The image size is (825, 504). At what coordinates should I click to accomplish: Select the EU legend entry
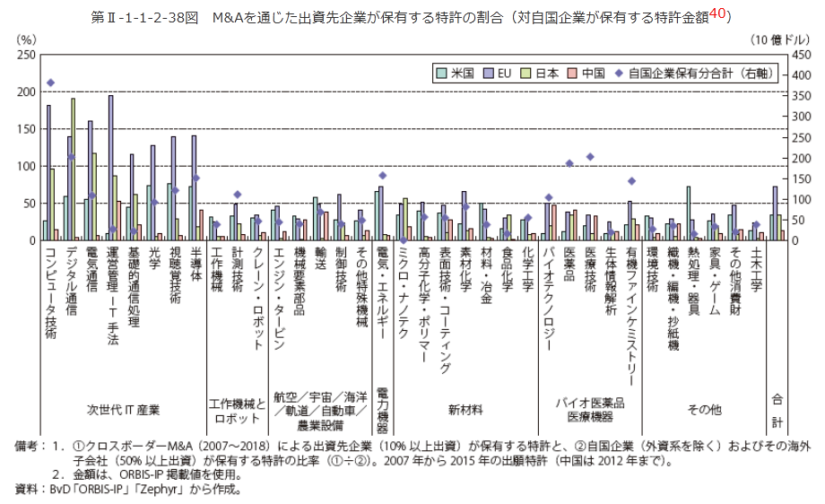504,73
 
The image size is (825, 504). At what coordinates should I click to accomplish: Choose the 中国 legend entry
592,73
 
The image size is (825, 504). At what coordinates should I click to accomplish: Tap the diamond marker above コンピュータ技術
50,83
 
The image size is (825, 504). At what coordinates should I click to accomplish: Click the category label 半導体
195,270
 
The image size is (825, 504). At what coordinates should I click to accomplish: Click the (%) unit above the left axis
27,40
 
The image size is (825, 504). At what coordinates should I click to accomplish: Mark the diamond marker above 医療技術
590,157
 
